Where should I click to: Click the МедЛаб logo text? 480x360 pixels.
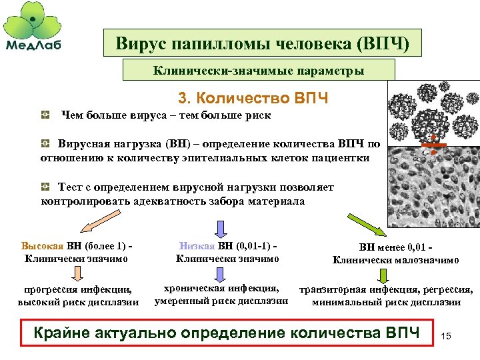(37, 45)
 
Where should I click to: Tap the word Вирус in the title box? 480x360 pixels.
(141, 44)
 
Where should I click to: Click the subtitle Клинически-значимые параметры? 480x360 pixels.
(259, 70)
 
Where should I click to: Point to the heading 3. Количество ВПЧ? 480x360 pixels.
(254, 99)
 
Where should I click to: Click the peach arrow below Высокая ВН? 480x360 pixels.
(77, 273)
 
